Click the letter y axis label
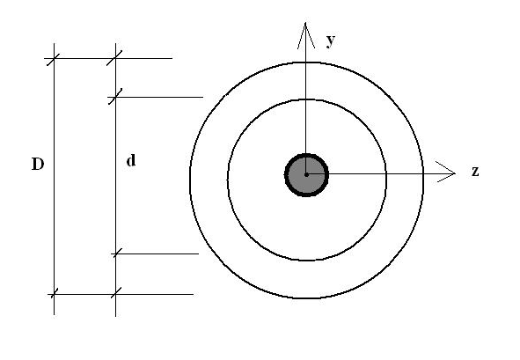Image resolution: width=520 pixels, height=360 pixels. [x=331, y=40]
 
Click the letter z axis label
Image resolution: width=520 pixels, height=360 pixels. [x=475, y=172]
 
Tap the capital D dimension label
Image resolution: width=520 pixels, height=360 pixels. [x=38, y=164]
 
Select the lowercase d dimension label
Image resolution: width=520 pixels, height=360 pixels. [x=131, y=160]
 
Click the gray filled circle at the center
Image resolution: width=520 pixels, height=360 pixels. [x=306, y=175]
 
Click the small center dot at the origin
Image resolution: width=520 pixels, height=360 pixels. [x=306, y=174]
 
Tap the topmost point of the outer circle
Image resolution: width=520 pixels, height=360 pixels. [x=306, y=62]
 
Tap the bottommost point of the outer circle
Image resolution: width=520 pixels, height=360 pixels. [x=306, y=298]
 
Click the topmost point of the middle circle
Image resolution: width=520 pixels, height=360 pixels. [x=306, y=99]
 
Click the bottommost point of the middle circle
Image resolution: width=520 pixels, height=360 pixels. [x=306, y=261]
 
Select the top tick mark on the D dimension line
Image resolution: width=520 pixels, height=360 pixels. [x=54, y=59]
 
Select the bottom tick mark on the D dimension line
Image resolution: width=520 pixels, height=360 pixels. [x=54, y=294]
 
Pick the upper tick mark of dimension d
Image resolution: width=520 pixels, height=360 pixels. [x=115, y=97]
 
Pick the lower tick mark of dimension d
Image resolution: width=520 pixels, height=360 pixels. [x=116, y=253]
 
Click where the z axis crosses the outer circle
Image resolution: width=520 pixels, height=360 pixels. [x=423, y=173]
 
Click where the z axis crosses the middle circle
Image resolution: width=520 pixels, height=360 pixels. [x=386, y=173]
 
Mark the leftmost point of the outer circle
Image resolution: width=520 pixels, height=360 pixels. [x=190, y=180]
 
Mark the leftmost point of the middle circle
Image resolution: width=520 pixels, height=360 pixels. [x=228, y=180]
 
